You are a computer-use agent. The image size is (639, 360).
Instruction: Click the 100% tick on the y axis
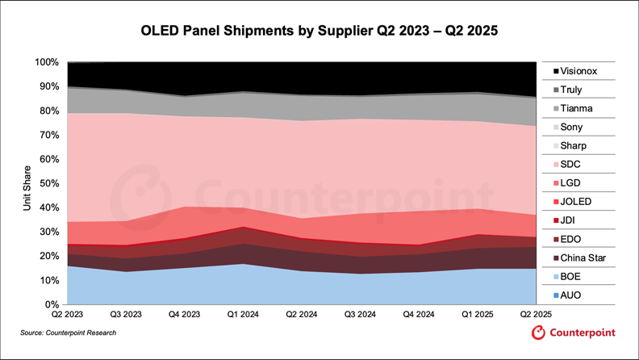[46, 62]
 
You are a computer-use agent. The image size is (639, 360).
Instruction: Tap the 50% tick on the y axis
[48, 183]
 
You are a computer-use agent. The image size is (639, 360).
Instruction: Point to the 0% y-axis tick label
[51, 305]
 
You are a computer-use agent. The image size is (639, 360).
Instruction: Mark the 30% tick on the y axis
[48, 232]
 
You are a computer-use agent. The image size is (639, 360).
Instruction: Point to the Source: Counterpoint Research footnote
[69, 333]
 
